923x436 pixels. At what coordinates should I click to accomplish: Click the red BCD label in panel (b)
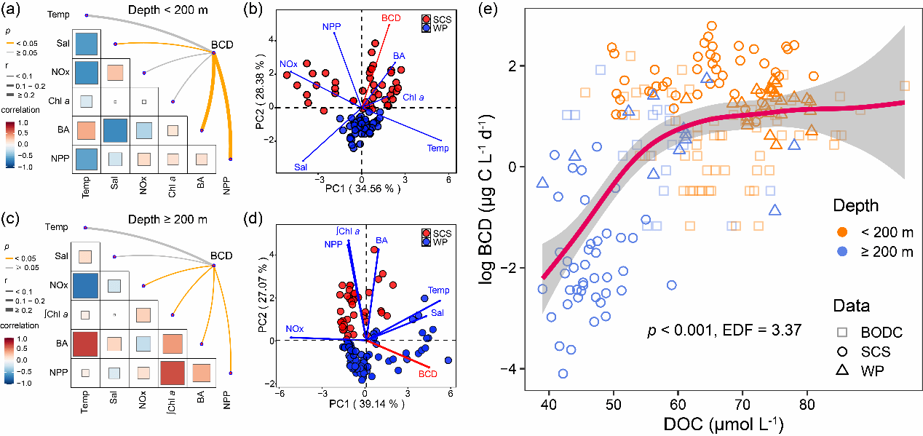point(391,18)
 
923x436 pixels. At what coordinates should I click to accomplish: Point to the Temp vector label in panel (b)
point(437,148)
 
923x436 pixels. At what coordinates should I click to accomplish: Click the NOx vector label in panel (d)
point(294,329)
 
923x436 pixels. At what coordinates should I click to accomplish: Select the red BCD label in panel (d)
point(428,374)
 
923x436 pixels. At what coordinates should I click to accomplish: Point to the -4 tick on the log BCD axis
point(511,369)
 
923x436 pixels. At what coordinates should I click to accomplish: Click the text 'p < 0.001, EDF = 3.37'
point(724,330)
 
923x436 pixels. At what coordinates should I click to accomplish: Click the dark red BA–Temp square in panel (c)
point(85,343)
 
